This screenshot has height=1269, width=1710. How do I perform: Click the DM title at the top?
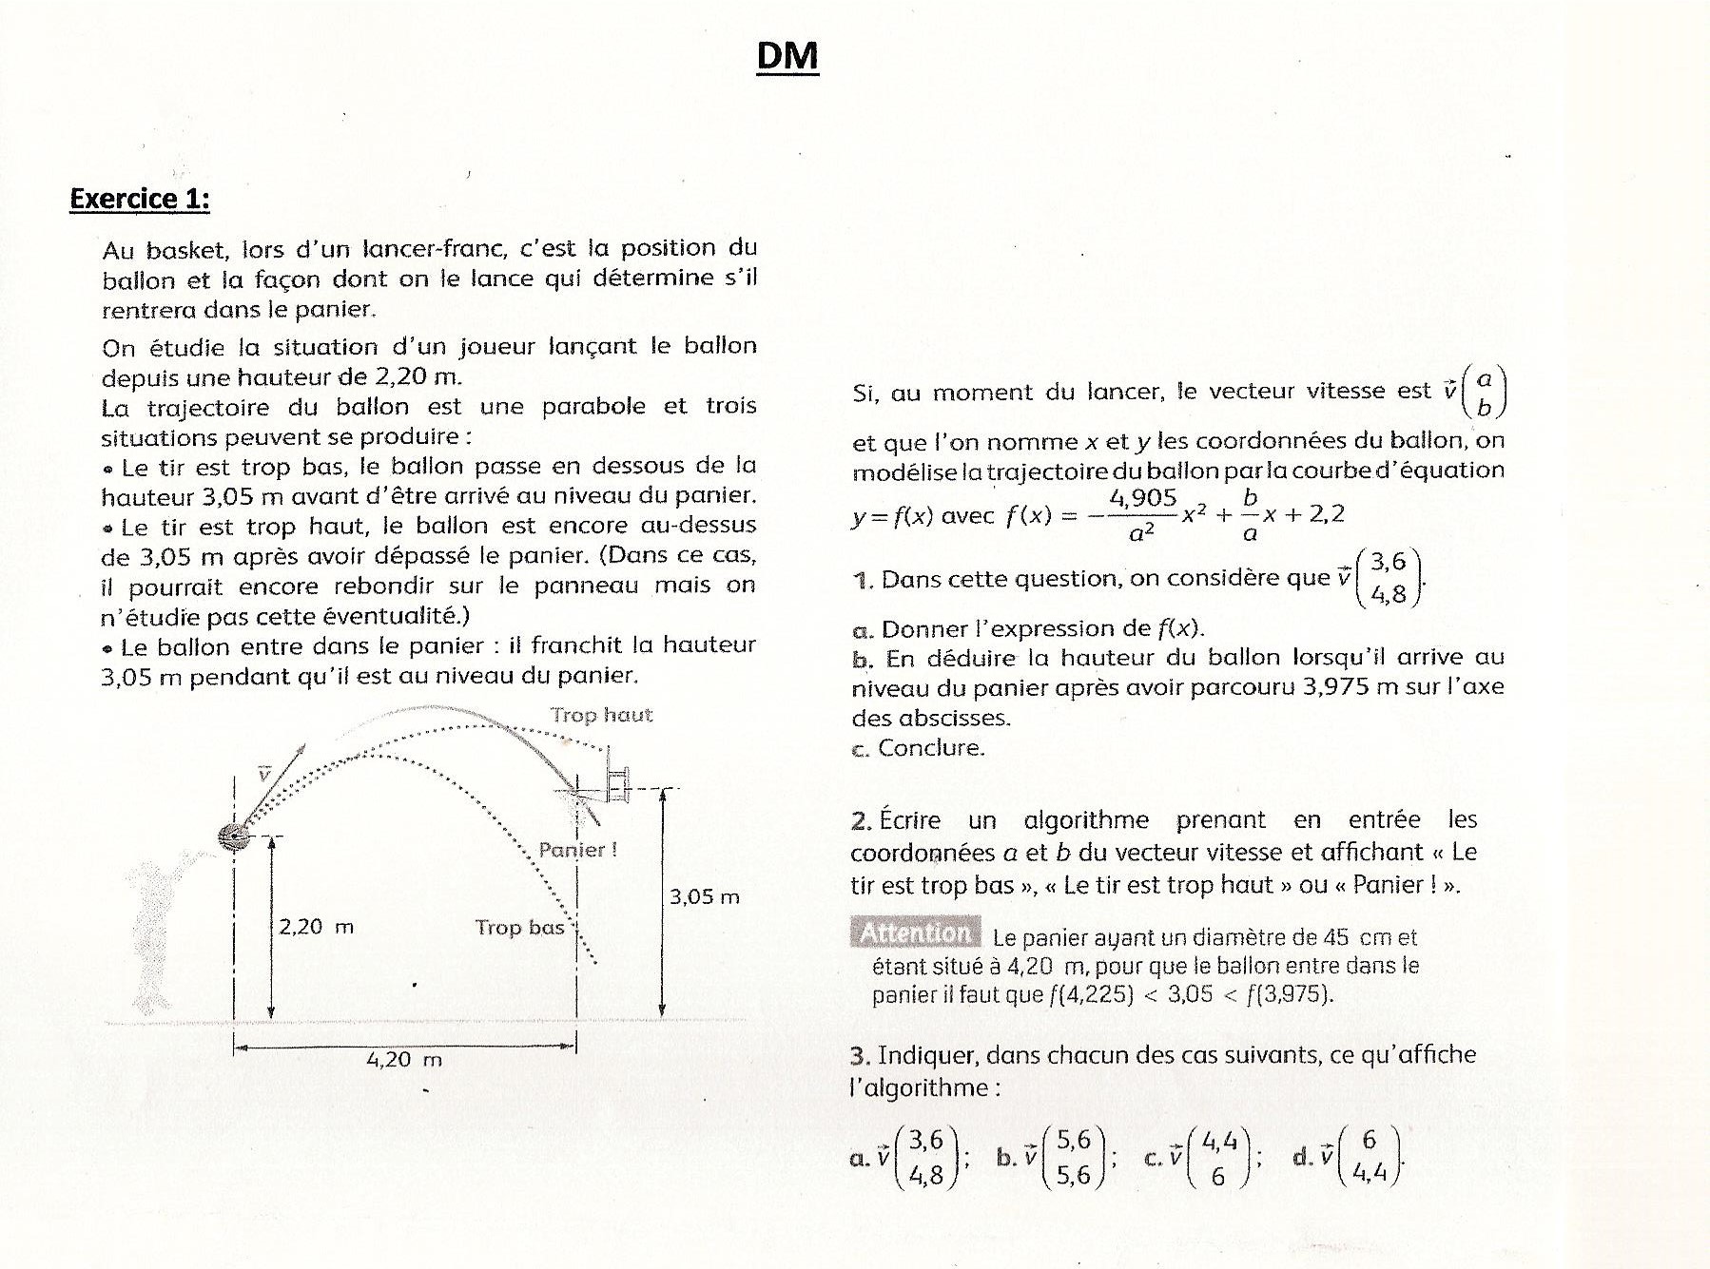787,56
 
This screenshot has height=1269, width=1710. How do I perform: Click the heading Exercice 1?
140,199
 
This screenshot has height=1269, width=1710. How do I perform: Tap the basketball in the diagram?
233,836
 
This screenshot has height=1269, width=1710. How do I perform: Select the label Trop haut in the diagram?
601,715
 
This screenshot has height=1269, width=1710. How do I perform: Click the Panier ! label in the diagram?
577,850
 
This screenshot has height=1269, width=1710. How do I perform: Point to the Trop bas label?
519,927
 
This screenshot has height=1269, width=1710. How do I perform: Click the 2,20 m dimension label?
316,926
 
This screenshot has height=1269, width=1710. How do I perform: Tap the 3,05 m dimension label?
704,896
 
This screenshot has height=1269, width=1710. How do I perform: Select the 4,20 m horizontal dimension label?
404,1059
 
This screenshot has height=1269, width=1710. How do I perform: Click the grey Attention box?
915,933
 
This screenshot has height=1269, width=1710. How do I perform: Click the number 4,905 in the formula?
1142,497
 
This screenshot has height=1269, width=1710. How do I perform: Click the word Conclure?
931,748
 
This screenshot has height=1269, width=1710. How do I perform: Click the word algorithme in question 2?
1086,820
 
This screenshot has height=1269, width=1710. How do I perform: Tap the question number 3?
860,1055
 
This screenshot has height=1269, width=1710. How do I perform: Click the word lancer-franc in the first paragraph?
435,249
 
